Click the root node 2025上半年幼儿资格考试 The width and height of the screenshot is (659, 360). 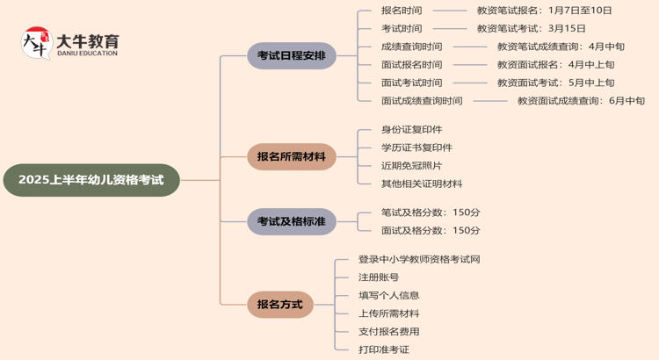[x=91, y=180]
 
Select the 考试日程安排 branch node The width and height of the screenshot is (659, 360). [x=291, y=55]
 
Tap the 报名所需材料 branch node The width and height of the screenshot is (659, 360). [x=291, y=156]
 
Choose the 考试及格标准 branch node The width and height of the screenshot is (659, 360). [x=291, y=221]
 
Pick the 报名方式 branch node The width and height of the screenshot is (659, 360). [x=279, y=304]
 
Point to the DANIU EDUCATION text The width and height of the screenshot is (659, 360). [x=86, y=54]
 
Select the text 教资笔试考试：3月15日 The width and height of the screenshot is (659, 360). [x=531, y=28]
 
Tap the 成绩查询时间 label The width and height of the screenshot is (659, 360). [x=411, y=47]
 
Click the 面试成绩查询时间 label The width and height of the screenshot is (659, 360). [x=422, y=101]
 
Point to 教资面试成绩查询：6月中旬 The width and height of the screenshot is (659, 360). [x=581, y=101]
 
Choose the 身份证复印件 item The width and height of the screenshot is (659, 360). [x=411, y=129]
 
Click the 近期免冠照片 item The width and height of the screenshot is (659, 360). [x=411, y=165]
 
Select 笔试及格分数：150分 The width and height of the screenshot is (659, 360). [x=431, y=212]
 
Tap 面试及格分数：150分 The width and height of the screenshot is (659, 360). [x=431, y=230]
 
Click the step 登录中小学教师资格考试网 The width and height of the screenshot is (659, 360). [x=419, y=259]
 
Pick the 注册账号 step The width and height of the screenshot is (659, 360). [x=379, y=277]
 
